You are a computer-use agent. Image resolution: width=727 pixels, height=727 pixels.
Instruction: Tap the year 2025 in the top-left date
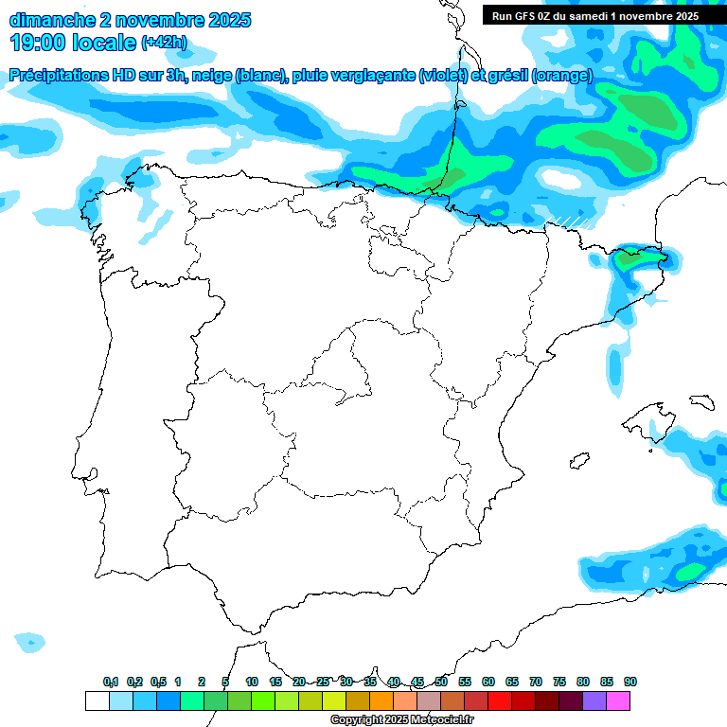point(223,20)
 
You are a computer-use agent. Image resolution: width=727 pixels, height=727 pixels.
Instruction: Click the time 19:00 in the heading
point(38,42)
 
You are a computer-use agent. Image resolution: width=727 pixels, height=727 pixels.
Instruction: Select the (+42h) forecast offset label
point(164,43)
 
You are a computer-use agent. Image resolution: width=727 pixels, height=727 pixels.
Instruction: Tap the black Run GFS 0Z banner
point(595,16)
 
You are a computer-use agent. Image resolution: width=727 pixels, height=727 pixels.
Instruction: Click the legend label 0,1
point(111,682)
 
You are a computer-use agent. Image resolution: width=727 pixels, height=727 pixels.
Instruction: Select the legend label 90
point(630,682)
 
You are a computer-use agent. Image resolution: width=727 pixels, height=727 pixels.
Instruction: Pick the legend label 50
point(441,682)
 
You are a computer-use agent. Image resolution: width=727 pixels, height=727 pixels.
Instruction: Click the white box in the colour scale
point(97,700)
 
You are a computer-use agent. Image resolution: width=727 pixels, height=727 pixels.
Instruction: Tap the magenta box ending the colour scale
point(618,700)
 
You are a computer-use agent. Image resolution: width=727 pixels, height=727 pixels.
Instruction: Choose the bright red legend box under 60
point(500,700)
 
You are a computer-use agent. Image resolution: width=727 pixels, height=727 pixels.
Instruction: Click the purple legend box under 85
point(594,700)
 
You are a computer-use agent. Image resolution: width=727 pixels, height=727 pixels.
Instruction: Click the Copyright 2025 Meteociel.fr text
point(402,720)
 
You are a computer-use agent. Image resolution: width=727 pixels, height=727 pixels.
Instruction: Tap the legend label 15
point(275,682)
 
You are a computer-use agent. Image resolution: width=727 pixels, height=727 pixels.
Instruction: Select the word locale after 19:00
point(103,42)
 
